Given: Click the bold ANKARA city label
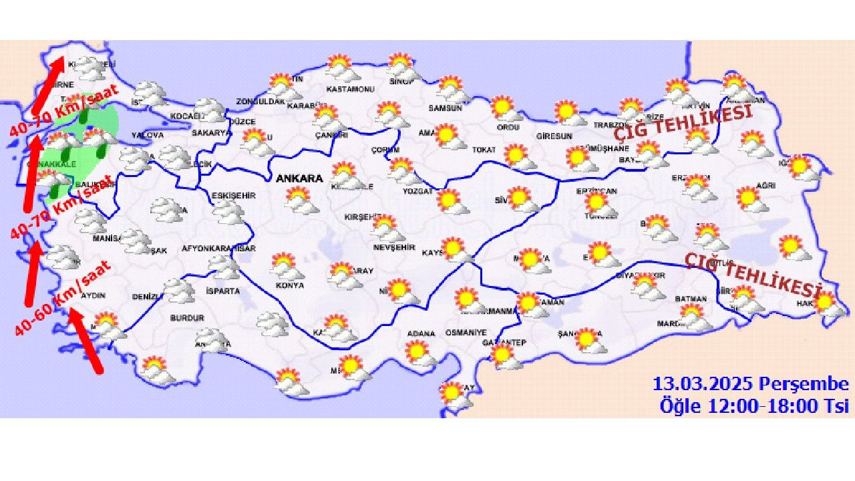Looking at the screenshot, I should click(x=299, y=179).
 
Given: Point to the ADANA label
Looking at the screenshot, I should click(x=421, y=333).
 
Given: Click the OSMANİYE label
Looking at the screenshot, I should click(x=466, y=333).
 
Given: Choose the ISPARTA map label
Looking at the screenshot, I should click(x=222, y=291).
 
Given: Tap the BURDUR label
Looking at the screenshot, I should click(x=187, y=318).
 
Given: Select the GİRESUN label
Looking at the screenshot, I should click(x=554, y=136).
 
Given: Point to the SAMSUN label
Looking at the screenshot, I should click(x=446, y=108).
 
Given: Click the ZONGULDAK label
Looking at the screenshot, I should click(x=260, y=102).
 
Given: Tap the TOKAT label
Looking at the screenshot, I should click(x=484, y=150).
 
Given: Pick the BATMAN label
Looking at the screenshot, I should click(x=691, y=299).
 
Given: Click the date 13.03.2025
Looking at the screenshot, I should click(x=704, y=385).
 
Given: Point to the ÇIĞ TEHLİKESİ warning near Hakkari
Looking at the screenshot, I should click(x=752, y=274).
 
